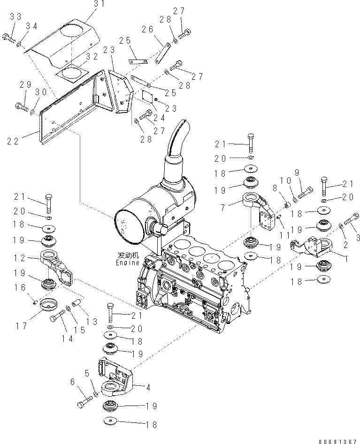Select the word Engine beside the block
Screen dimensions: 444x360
[x=129, y=263]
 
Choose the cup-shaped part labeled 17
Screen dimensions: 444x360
[x=47, y=305]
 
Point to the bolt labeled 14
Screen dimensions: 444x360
[x=54, y=318]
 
